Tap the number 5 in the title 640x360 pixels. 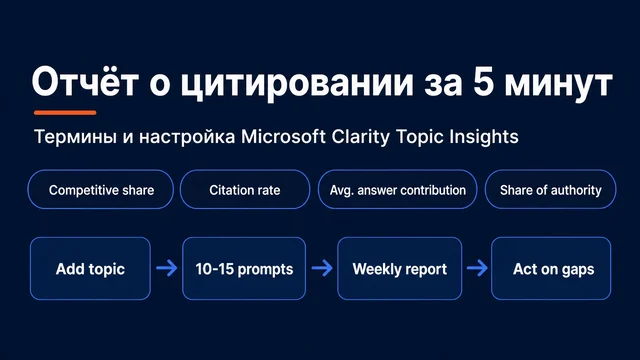484,82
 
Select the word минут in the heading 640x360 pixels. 559,83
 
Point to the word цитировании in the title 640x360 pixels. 297,84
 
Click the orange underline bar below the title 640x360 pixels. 65,112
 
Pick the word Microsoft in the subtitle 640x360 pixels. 283,136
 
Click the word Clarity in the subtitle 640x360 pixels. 360,137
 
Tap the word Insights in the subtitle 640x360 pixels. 484,137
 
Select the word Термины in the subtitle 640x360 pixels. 75,137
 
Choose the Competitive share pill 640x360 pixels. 101,189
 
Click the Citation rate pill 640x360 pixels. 245,189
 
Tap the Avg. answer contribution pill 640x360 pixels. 398,189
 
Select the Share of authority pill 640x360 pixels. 551,189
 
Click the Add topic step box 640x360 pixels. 90,269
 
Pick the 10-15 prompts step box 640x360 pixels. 244,269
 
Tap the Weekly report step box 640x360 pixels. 400,269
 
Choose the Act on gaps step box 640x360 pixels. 551,269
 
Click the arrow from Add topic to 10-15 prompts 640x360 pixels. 167,268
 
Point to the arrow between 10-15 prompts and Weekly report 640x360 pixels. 322,268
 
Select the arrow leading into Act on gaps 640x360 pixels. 477,268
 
